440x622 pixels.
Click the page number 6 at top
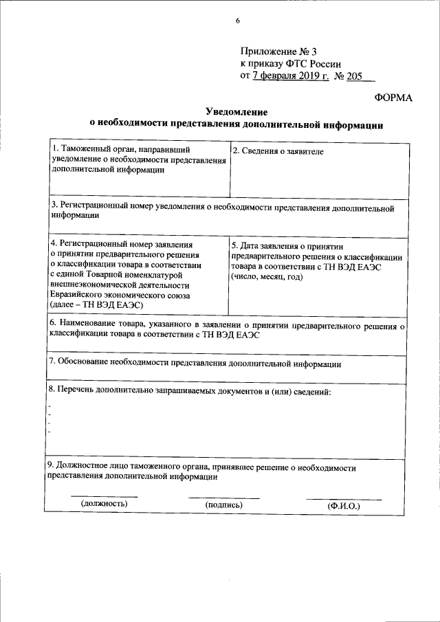(x=237, y=21)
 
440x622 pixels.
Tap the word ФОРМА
(x=393, y=98)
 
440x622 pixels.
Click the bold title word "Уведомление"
(x=236, y=112)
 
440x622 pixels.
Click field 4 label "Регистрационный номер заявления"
(x=121, y=243)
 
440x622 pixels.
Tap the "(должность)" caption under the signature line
(x=104, y=504)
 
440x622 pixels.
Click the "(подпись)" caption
(x=224, y=504)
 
